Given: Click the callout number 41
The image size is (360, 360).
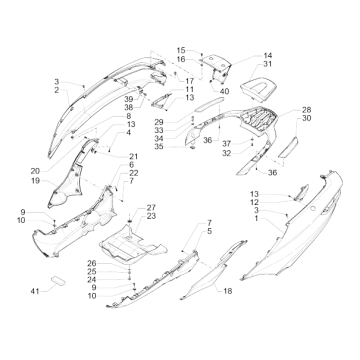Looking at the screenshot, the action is [x=35, y=291].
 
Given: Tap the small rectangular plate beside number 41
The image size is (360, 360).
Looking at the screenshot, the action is [x=58, y=281].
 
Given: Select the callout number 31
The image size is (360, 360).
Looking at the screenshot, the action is [x=267, y=64].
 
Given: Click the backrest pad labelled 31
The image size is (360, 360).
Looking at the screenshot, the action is [x=258, y=87].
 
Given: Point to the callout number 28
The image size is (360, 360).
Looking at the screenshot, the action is [x=306, y=110].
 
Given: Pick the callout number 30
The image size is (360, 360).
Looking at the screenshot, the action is [x=307, y=118].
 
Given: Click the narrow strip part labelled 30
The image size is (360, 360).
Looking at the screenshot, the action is [x=289, y=147].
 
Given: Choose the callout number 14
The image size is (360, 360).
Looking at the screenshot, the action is [x=268, y=55].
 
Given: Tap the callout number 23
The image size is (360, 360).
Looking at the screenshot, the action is [x=151, y=216].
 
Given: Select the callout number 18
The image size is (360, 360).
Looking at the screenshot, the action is [x=228, y=291].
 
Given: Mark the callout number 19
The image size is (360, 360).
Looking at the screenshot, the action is [x=35, y=181].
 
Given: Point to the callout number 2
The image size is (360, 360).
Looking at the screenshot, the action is [x=57, y=90].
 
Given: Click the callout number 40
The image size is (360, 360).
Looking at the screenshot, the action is [x=225, y=91].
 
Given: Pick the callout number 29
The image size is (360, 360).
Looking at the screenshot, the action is [x=159, y=122].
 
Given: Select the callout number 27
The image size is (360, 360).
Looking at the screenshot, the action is [x=151, y=207].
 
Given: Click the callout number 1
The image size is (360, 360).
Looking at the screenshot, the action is [x=256, y=219].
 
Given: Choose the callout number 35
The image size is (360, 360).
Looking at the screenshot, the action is [x=159, y=146].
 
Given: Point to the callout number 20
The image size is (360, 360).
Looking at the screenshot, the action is [x=35, y=171].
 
